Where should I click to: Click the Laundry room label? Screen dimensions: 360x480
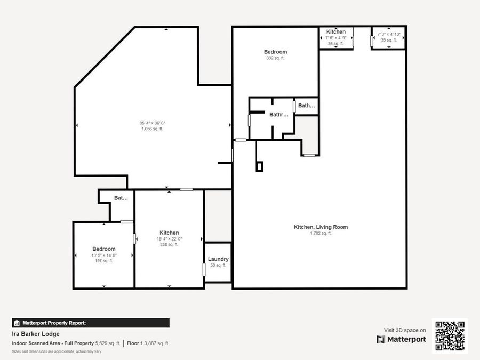point(218,259)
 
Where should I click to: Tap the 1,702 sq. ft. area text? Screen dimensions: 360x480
point(321,233)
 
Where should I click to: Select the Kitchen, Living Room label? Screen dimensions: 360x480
point(321,227)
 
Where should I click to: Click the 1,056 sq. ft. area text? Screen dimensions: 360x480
point(152,129)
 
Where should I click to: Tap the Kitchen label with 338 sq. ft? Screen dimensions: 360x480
point(169,233)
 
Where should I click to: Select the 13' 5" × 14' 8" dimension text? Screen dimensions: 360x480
point(104,255)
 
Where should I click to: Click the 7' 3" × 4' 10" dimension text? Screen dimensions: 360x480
point(389,34)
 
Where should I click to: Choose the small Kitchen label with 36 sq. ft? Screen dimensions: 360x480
point(336,32)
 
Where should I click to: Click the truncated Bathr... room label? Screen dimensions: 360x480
point(278,114)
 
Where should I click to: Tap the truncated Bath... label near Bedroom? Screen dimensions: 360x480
point(307,106)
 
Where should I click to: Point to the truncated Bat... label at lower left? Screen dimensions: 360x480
point(121,198)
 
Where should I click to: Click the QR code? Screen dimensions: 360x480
point(450,336)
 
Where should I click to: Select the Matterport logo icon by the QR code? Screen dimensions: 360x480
point(381,339)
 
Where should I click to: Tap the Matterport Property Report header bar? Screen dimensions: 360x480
point(91,323)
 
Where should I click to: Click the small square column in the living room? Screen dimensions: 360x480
point(259,166)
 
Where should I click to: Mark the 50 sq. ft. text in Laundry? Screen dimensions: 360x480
point(218,265)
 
